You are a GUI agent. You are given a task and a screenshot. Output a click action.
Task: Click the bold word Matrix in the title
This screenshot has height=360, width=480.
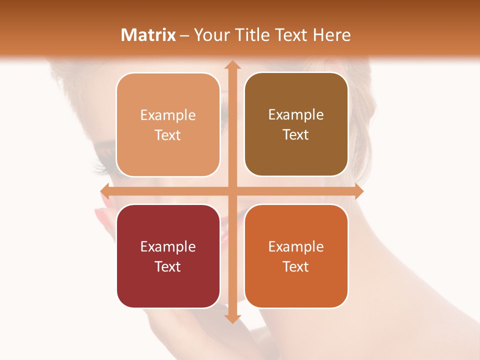[x=148, y=35]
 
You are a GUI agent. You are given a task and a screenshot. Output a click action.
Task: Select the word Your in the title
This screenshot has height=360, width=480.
[x=209, y=35]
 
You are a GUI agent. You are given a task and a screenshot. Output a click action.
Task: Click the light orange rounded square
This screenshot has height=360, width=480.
[x=168, y=125]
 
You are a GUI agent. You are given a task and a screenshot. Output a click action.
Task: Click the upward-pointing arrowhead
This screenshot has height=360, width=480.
[x=232, y=65]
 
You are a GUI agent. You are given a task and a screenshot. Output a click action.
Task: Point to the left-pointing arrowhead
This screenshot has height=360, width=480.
[x=105, y=191]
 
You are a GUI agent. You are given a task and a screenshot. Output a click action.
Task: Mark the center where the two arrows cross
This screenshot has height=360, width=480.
[x=232, y=191]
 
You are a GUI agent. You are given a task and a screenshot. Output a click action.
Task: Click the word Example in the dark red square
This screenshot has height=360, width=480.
[x=168, y=246]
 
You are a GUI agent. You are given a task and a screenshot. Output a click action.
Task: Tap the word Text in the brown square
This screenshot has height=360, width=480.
[x=296, y=134]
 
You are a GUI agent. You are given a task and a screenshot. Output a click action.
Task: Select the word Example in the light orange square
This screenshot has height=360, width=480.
[x=168, y=115]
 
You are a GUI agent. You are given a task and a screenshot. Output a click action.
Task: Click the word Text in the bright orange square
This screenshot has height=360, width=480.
[x=296, y=266]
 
